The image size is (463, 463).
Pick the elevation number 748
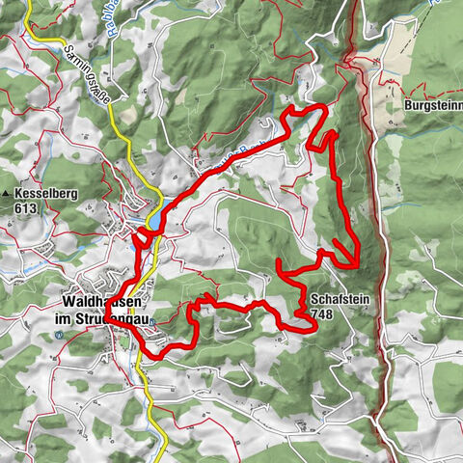321,313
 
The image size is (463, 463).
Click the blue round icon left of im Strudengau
61,335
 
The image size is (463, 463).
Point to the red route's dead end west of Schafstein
279,260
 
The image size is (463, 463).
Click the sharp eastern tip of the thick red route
358,264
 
